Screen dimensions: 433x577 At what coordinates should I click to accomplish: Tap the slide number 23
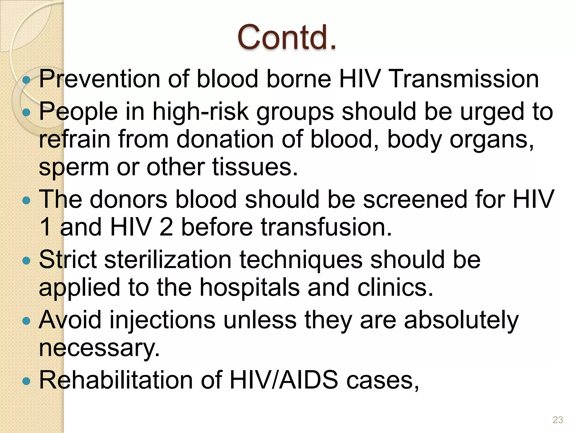click(x=558, y=420)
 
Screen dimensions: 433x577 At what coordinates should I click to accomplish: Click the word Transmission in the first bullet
click(x=465, y=79)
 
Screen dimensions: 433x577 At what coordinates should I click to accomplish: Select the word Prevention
click(x=99, y=79)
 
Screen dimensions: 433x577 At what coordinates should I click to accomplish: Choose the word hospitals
click(x=250, y=288)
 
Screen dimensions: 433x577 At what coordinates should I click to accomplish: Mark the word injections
click(x=162, y=321)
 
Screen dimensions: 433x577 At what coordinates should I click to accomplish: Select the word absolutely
click(x=461, y=321)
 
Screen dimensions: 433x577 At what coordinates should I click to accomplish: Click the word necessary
click(x=99, y=349)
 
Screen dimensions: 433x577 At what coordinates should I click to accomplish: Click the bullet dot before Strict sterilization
click(x=26, y=261)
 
